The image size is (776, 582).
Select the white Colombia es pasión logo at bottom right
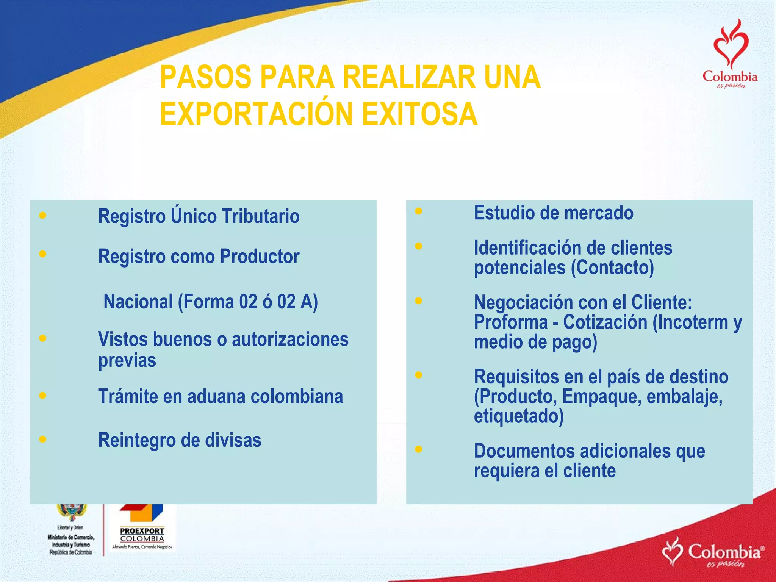712,552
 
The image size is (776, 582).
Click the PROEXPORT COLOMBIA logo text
142,535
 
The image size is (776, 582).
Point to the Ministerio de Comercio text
71,537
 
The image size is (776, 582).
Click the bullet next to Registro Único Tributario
43,216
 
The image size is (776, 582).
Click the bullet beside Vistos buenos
43,338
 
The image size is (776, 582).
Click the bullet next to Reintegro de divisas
43,439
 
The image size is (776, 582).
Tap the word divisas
233,440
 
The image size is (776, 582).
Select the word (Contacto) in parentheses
612,268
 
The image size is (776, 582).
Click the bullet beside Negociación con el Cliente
418,301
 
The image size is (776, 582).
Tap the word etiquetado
518,416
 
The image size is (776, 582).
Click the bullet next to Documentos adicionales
418,449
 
